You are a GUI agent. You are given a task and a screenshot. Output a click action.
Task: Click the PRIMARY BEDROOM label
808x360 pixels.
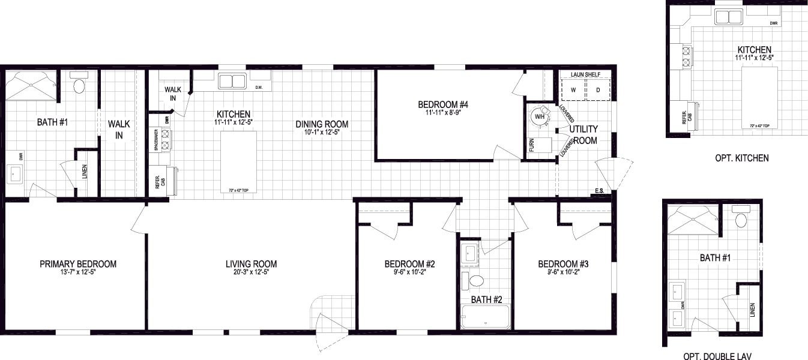[78, 264]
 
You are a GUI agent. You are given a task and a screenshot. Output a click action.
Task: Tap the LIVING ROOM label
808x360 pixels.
[251, 264]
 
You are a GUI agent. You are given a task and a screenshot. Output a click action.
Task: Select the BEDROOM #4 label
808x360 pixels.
[442, 105]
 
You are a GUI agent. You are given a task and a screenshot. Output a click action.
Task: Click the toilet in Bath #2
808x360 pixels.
[477, 281]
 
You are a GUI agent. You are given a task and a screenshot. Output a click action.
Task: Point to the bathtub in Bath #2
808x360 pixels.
[486, 317]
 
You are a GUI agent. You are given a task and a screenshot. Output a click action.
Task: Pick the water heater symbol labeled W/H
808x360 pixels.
[540, 116]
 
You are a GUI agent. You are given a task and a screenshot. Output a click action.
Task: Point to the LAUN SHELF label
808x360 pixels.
[585, 74]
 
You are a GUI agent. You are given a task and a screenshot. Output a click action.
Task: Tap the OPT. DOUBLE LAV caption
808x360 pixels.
[717, 356]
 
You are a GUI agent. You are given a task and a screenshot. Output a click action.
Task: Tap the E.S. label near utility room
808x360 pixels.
[598, 192]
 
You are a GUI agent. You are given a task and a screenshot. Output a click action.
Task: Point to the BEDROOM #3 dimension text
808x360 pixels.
[562, 272]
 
